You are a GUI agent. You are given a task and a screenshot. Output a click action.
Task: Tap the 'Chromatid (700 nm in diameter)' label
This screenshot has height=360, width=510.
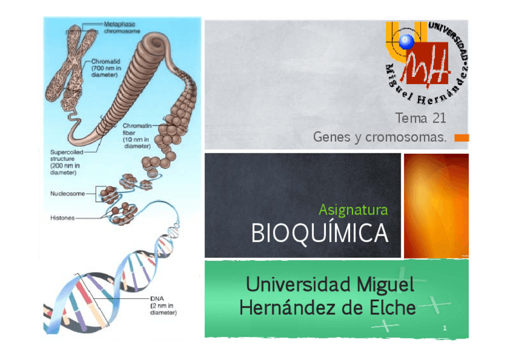point(109,69)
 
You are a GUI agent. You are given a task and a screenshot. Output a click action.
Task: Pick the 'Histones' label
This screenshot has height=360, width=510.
point(62,218)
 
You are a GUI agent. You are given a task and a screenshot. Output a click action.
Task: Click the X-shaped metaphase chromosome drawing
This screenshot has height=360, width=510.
point(71,66)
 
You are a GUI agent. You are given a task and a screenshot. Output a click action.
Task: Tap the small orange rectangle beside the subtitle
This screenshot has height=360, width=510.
point(461,138)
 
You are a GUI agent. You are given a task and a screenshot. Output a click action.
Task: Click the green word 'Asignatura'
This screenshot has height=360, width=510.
point(353,210)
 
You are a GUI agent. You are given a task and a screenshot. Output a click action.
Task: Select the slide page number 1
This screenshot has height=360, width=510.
point(444,328)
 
